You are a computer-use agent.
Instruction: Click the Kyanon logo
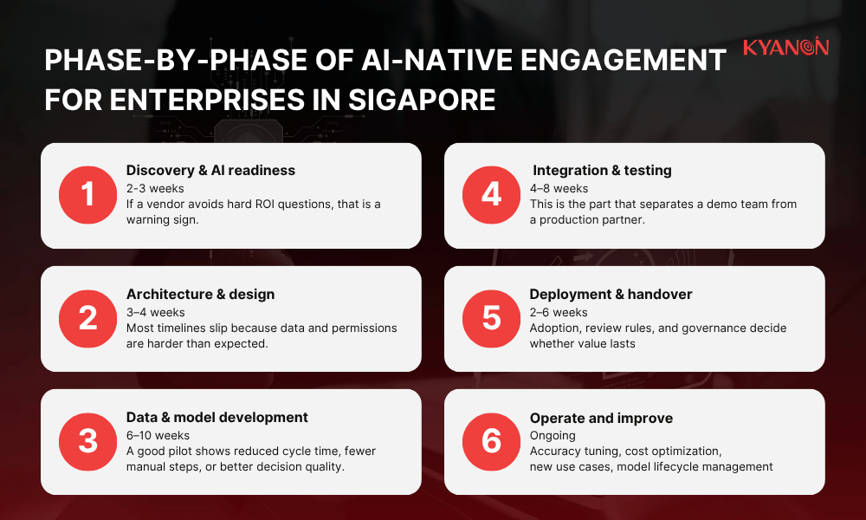tap(785, 47)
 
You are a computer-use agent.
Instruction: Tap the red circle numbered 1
tap(87, 196)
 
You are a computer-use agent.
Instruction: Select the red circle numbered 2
tap(87, 319)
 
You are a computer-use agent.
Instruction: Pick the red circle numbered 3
tap(87, 442)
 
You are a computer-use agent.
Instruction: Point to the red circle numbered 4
tap(491, 196)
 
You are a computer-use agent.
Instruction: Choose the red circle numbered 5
tap(491, 319)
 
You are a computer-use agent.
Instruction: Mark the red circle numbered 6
tap(491, 442)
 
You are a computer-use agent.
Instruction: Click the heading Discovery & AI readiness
tap(210, 171)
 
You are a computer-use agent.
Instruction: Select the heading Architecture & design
tap(200, 295)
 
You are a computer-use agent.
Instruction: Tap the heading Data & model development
tap(216, 418)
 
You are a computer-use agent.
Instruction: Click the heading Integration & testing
tap(602, 171)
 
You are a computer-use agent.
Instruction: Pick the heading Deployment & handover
tap(611, 295)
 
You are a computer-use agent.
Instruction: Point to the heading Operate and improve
tap(601, 418)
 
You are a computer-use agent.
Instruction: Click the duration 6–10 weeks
tap(158, 435)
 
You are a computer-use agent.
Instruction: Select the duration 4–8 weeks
tap(559, 188)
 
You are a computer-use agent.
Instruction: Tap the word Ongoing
tap(553, 435)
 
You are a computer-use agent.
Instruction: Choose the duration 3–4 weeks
tap(155, 312)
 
